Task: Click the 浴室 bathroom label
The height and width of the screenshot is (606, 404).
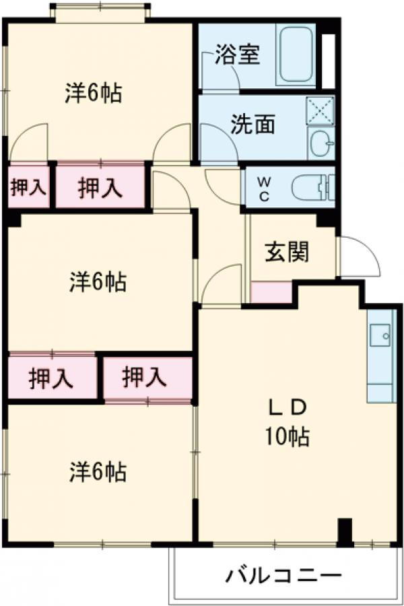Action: click(237, 55)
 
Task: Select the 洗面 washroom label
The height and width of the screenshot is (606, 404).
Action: click(253, 125)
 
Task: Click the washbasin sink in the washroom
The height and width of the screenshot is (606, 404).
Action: click(322, 143)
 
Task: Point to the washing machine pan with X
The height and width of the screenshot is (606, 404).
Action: click(321, 110)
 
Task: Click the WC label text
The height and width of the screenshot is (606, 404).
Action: click(265, 189)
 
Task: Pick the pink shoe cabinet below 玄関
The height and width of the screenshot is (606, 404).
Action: click(271, 292)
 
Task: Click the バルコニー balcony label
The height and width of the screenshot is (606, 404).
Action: click(283, 576)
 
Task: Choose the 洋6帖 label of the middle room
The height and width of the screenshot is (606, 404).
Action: click(98, 282)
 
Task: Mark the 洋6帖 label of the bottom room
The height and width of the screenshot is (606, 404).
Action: click(98, 473)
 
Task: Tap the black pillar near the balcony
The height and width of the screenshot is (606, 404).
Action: click(345, 531)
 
